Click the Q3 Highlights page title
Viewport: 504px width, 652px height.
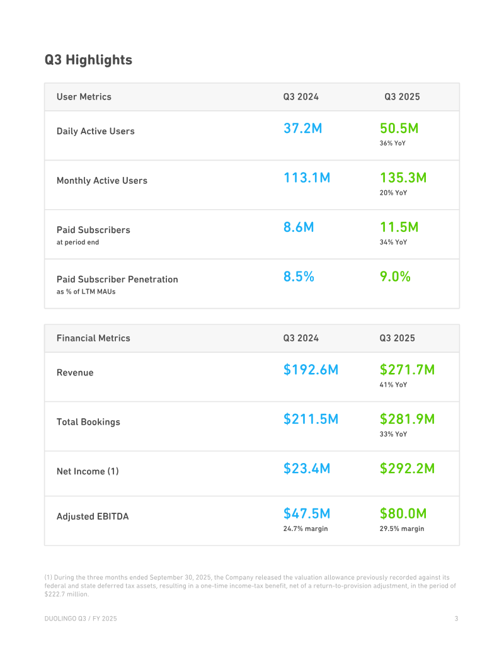pos(88,60)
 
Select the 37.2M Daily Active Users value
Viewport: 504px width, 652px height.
pos(303,128)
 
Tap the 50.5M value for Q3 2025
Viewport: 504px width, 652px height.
pos(399,128)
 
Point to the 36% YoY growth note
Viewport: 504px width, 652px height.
pos(392,143)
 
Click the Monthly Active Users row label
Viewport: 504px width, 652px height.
pos(102,180)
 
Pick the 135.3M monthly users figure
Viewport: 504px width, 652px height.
pos(403,178)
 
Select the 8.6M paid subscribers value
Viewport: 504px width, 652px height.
pos(299,227)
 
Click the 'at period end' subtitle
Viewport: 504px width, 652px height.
pos(77,242)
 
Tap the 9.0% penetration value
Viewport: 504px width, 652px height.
pos(395,277)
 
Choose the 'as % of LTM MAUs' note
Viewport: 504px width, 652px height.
pos(86,292)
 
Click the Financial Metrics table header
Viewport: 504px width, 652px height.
pos(93,338)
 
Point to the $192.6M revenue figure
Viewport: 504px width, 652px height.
pos(311,370)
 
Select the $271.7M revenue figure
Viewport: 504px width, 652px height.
pos(407,370)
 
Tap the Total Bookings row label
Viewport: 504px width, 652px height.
pos(88,422)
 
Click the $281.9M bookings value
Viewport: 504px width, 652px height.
pos(407,419)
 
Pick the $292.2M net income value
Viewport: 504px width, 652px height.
pos(407,469)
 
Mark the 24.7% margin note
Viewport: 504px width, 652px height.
pos(306,529)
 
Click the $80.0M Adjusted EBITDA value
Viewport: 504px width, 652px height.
pos(403,513)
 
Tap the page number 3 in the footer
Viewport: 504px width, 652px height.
pos(456,619)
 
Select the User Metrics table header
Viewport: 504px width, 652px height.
pos(84,96)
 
